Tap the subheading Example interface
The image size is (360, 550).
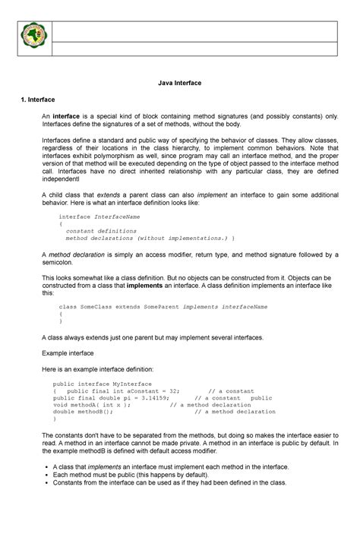(x=68, y=353)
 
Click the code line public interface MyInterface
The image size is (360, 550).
(x=103, y=384)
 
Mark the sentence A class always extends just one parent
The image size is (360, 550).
(x=151, y=336)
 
